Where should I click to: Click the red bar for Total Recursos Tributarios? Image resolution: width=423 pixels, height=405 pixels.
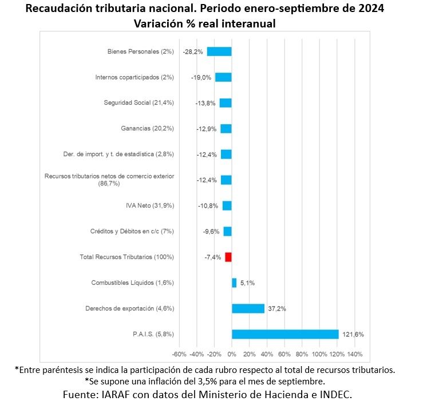(228, 257)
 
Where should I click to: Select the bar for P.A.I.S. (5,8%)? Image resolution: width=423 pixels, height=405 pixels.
(285, 334)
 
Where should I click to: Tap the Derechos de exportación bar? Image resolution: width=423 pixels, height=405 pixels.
(248, 308)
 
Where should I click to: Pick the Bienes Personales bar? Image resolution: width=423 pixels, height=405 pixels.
(219, 51)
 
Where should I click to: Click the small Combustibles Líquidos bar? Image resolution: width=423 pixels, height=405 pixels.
(234, 283)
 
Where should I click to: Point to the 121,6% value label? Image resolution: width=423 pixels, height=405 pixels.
(353, 334)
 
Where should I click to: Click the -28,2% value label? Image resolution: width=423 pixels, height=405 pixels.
(193, 51)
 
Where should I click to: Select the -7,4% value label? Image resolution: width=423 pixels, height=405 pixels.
(213, 257)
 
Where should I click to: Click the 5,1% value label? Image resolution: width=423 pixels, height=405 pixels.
(247, 283)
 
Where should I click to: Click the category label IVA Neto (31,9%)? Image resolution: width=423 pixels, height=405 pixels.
(149, 206)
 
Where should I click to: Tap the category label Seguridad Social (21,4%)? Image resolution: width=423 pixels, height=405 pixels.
(139, 103)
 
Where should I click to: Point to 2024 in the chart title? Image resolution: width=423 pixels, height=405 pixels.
(369, 10)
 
